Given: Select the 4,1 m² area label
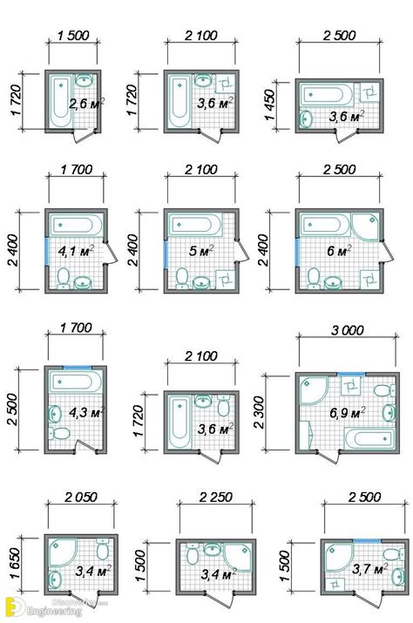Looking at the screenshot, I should click(75, 254).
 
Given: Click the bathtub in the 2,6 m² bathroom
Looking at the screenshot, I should click(60, 100).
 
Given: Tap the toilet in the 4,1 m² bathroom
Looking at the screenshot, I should click(62, 278).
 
